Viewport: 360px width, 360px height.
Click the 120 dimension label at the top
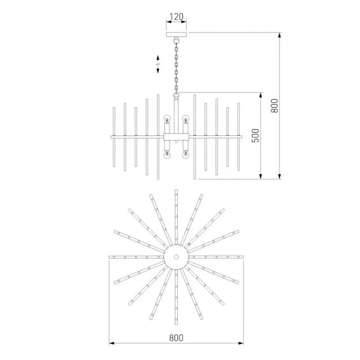pos(176,17)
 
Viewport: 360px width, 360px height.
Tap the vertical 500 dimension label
pos(255,136)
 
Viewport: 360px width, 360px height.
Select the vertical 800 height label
pos(274,106)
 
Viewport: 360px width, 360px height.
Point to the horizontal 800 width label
pos(176,338)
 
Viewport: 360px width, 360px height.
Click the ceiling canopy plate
pos(176,35)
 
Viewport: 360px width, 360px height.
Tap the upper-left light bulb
pos(167,120)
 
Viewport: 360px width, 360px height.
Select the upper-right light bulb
pos(185,120)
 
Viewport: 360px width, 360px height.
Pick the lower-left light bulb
pos(167,155)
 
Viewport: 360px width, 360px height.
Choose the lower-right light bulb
pos(185,155)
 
